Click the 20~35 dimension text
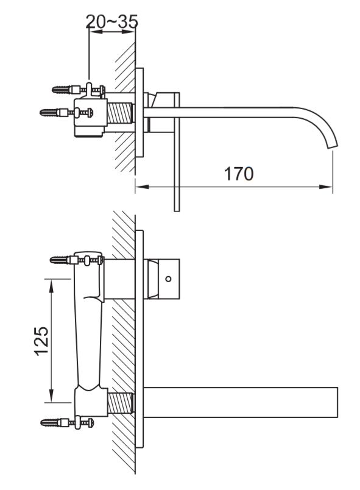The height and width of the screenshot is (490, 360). pyautogui.click(x=112, y=21)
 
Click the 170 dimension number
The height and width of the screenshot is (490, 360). pyautogui.click(x=239, y=174)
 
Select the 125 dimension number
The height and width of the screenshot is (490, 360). pyautogui.click(x=41, y=341)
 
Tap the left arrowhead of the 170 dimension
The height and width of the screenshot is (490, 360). pyautogui.click(x=142, y=187)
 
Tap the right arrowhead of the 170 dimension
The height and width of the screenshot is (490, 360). pyautogui.click(x=326, y=187)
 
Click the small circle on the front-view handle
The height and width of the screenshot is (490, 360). pyautogui.click(x=168, y=279)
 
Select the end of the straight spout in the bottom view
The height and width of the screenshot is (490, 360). pyautogui.click(x=337, y=402)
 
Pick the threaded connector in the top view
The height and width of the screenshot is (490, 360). pyautogui.click(x=120, y=113)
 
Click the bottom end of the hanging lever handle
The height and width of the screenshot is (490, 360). pyautogui.click(x=177, y=210)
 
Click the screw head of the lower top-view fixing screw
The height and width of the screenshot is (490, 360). pyautogui.click(x=91, y=112)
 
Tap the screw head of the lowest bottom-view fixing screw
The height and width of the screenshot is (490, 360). pyautogui.click(x=91, y=423)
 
